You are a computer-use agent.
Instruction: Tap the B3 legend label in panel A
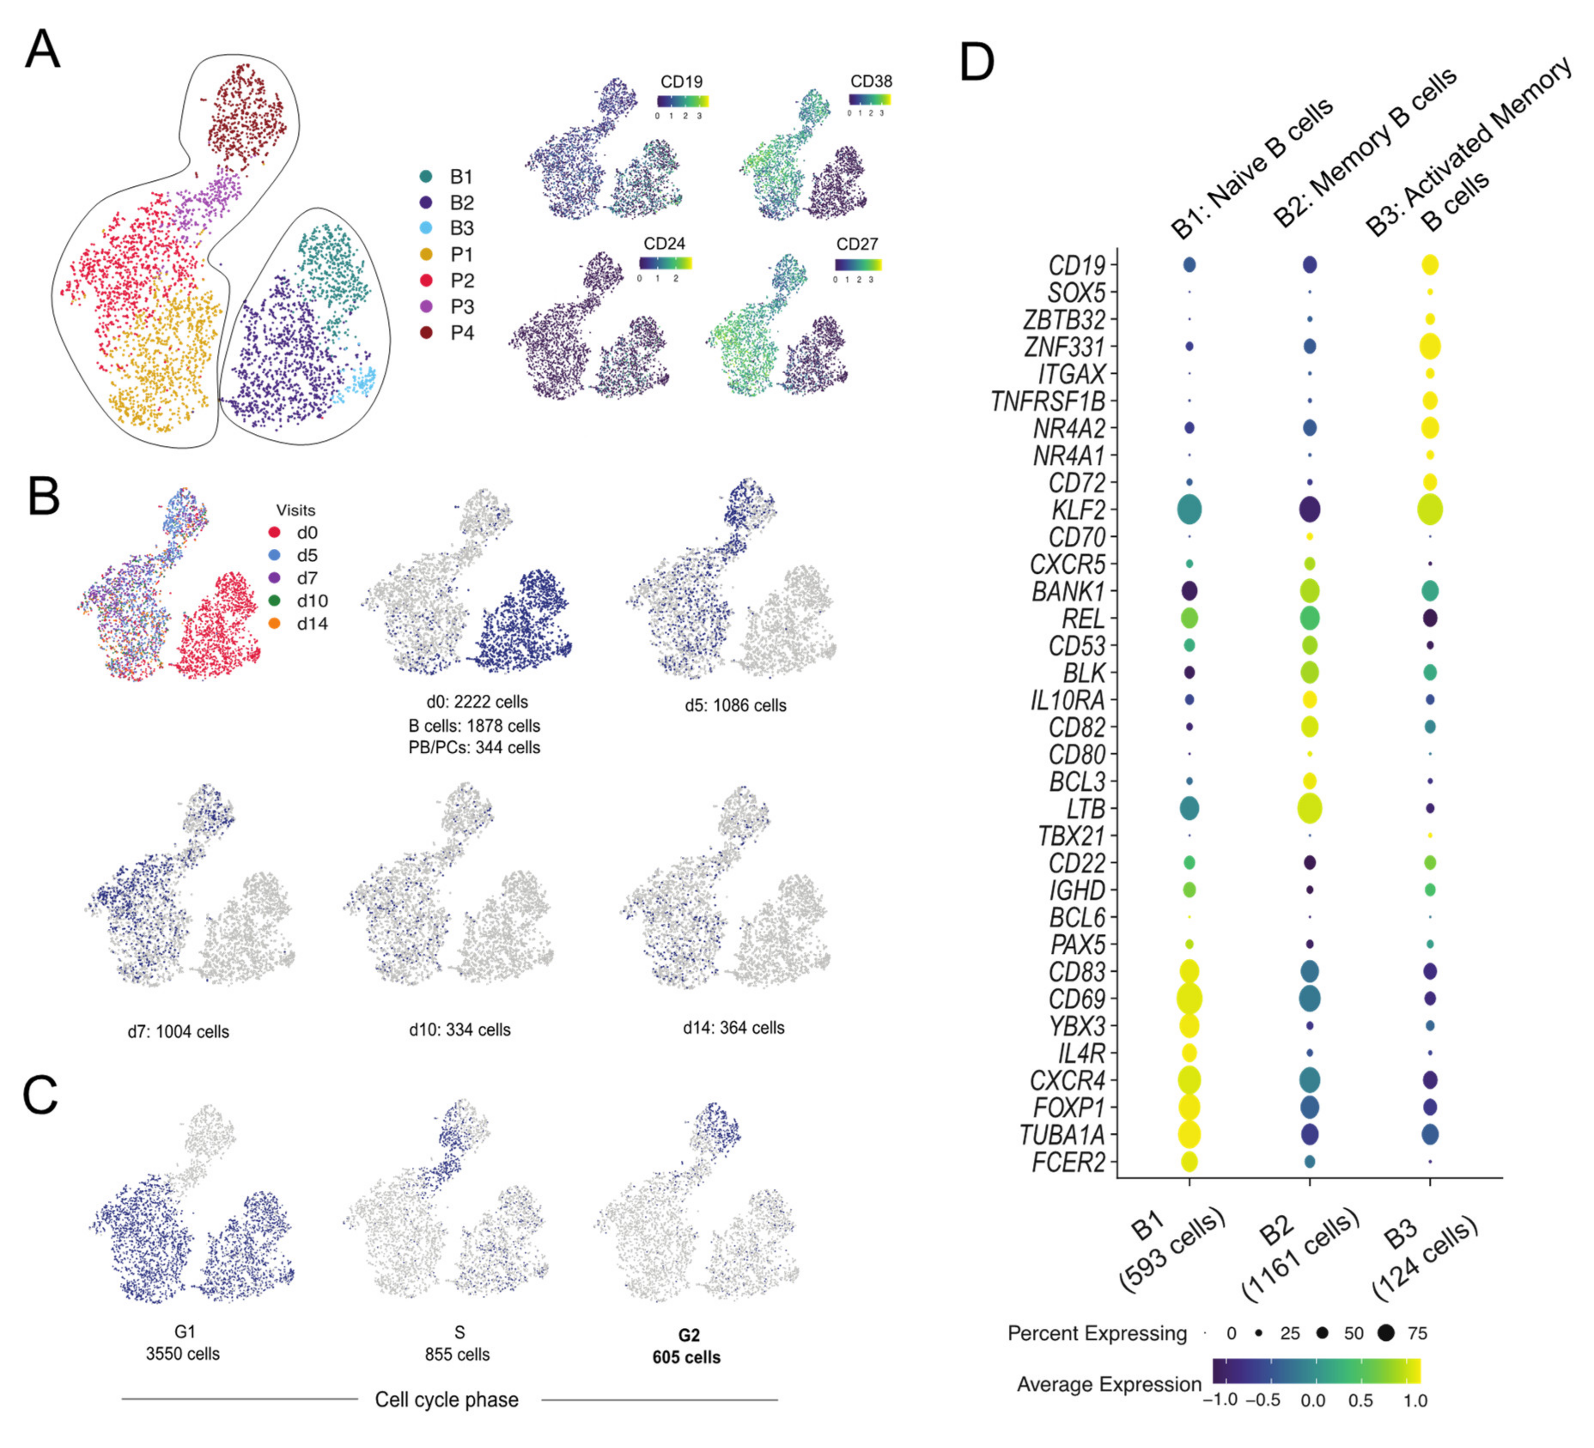[462, 228]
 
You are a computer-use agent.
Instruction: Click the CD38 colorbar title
[871, 82]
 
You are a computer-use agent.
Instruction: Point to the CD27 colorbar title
[857, 244]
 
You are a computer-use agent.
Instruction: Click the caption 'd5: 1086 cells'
[735, 706]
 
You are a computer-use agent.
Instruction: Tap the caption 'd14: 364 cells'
[734, 1028]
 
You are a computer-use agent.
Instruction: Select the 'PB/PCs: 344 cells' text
[475, 747]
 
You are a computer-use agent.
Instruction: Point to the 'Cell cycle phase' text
[447, 1400]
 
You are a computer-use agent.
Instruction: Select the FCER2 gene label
[1068, 1162]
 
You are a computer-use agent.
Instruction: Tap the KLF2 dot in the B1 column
[1189, 509]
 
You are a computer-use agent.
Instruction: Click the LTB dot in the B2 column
[1309, 808]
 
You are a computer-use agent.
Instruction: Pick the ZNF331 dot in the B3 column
[1430, 347]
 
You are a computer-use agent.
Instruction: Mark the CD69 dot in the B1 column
[1189, 999]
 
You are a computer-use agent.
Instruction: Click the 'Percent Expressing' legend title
[1098, 1333]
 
